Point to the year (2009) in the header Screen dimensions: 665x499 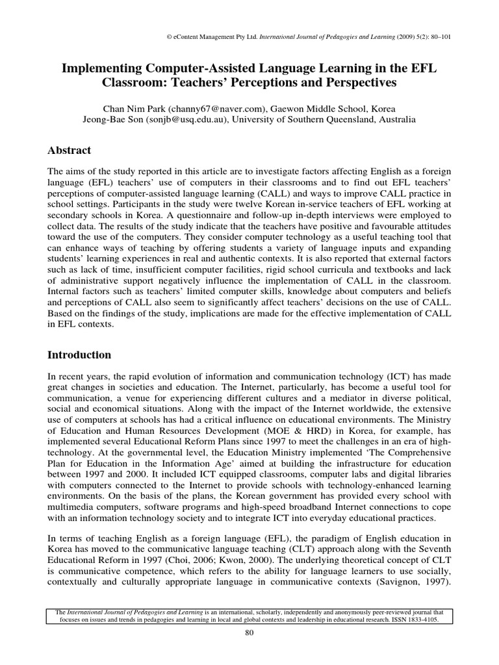coord(402,37)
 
